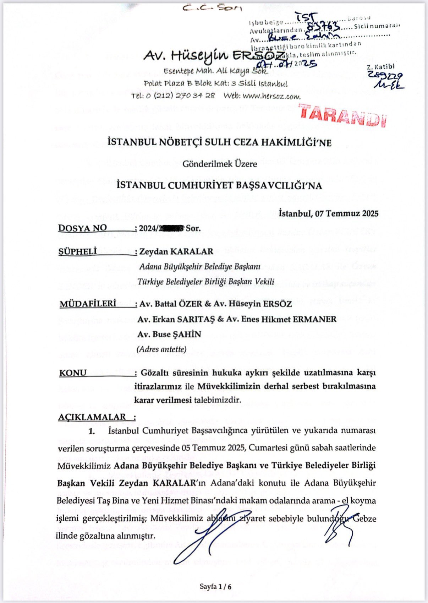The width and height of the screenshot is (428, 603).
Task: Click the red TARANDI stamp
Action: [x=342, y=115]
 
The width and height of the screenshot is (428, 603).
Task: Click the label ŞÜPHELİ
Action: [x=77, y=251]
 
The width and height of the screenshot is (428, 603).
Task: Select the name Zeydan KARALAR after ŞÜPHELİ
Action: [x=176, y=251]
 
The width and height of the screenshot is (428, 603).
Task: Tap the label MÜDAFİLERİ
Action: [x=88, y=304]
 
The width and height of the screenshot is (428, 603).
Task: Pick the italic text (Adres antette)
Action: [x=161, y=349]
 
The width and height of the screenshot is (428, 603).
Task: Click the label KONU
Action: [x=73, y=373]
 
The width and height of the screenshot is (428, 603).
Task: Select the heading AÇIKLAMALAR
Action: [x=92, y=417]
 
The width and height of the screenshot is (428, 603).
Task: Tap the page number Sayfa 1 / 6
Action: [x=215, y=586]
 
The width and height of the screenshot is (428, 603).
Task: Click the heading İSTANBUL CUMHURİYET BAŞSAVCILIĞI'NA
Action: [x=219, y=185]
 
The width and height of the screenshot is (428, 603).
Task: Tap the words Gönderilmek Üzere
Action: [x=220, y=164]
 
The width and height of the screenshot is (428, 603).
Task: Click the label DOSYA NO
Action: [x=82, y=228]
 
